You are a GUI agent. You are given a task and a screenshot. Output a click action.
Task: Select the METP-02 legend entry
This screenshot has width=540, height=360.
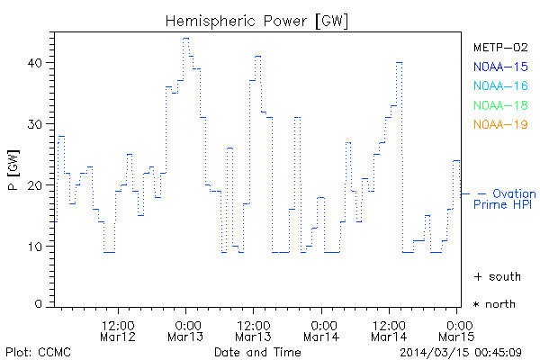tap(499, 48)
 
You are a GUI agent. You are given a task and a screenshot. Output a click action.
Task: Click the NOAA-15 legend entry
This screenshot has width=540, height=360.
tap(499, 67)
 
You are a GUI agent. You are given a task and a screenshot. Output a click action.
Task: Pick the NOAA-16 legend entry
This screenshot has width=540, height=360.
tap(499, 85)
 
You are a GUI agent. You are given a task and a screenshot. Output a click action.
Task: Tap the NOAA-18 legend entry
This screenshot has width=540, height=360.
tap(499, 105)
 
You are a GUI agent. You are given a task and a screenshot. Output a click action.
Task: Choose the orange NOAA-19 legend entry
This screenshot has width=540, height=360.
tap(499, 124)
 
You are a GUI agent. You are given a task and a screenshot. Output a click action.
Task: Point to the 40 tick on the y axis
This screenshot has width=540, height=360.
tap(37, 63)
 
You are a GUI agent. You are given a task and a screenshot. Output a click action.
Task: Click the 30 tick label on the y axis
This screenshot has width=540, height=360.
tap(37, 124)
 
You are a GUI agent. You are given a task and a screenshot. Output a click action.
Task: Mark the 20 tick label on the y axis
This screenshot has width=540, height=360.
tap(37, 185)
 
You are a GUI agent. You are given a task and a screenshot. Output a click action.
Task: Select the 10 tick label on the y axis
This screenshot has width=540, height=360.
tap(37, 246)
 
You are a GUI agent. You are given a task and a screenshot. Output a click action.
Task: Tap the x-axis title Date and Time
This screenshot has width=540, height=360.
tap(256, 351)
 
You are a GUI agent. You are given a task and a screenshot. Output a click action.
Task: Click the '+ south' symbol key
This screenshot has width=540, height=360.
tap(494, 275)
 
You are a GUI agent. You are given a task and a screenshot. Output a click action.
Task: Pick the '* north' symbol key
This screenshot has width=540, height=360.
tap(494, 304)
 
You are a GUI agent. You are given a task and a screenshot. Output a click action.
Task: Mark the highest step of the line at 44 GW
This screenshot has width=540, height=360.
tap(185, 38)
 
